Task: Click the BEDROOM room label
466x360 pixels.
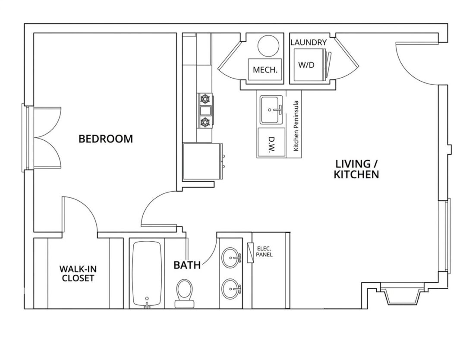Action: pyautogui.click(x=106, y=139)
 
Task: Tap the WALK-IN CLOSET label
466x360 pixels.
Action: pyautogui.click(x=78, y=274)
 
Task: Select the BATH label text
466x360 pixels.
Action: pyautogui.click(x=187, y=265)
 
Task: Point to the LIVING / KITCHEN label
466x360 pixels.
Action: pyautogui.click(x=356, y=169)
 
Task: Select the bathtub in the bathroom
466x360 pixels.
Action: pyautogui.click(x=147, y=275)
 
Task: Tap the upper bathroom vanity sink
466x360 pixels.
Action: pyautogui.click(x=232, y=257)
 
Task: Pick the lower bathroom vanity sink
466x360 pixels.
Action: pyautogui.click(x=232, y=288)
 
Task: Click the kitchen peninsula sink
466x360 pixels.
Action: pyautogui.click(x=271, y=110)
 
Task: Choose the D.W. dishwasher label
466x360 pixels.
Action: pyautogui.click(x=271, y=145)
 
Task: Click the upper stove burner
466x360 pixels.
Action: pyautogui.click(x=205, y=99)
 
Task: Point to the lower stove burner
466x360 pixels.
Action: pyautogui.click(x=205, y=121)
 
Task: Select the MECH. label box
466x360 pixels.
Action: pyautogui.click(x=265, y=69)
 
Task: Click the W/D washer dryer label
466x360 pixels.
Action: pyautogui.click(x=306, y=64)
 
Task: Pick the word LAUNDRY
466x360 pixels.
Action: pyautogui.click(x=309, y=42)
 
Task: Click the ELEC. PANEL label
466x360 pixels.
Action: pyautogui.click(x=265, y=252)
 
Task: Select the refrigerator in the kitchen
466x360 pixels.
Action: pyautogui.click(x=203, y=161)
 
